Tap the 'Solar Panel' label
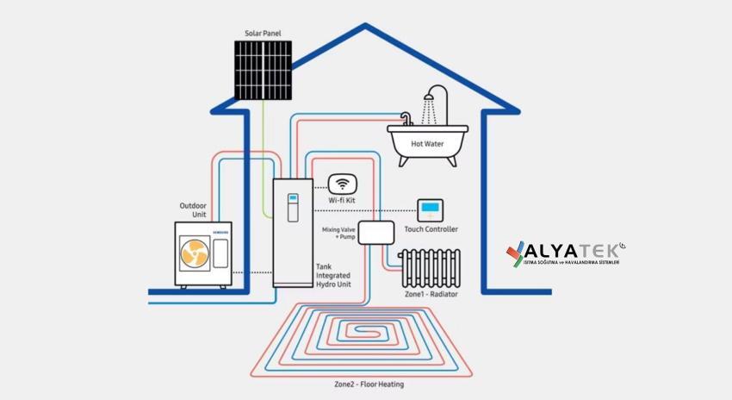(x=262, y=34)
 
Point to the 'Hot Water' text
(x=427, y=144)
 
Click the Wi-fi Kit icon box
(x=342, y=184)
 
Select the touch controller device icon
(x=430, y=209)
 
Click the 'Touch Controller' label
(x=431, y=229)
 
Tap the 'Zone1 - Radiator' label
(x=431, y=294)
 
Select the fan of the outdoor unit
(x=192, y=253)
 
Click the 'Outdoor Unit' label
(x=194, y=209)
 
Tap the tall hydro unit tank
(x=293, y=233)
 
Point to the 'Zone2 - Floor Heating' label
(x=369, y=384)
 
